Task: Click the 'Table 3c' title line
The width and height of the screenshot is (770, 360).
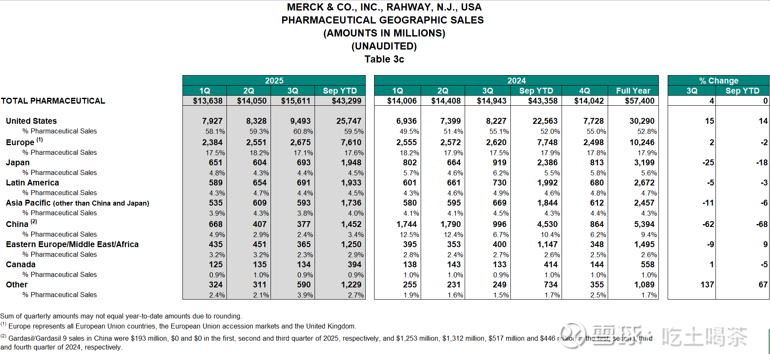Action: click(x=384, y=59)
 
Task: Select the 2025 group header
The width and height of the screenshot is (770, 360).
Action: click(x=274, y=81)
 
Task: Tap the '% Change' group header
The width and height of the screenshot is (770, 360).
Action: click(x=718, y=81)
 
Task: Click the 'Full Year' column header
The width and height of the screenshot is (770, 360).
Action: click(x=633, y=91)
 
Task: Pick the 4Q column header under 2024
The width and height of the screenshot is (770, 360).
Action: click(x=584, y=91)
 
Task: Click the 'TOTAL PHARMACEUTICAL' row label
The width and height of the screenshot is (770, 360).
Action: click(x=53, y=101)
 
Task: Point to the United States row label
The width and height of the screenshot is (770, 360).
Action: click(x=31, y=121)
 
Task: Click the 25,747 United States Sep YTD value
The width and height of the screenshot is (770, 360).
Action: click(x=349, y=121)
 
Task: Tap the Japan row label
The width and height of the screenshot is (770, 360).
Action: click(x=18, y=162)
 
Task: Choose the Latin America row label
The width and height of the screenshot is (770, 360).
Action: click(x=32, y=183)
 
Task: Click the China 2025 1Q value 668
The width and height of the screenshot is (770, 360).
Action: click(x=216, y=224)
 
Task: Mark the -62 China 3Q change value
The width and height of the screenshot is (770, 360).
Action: click(x=708, y=224)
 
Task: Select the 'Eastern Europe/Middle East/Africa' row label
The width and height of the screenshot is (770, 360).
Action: click(x=72, y=244)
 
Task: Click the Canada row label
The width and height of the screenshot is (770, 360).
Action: click(x=21, y=264)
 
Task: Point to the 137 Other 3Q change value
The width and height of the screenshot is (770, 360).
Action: click(x=707, y=284)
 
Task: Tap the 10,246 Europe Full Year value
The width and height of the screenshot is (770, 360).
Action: click(x=642, y=142)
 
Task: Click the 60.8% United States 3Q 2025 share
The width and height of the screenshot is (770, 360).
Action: click(x=303, y=131)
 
